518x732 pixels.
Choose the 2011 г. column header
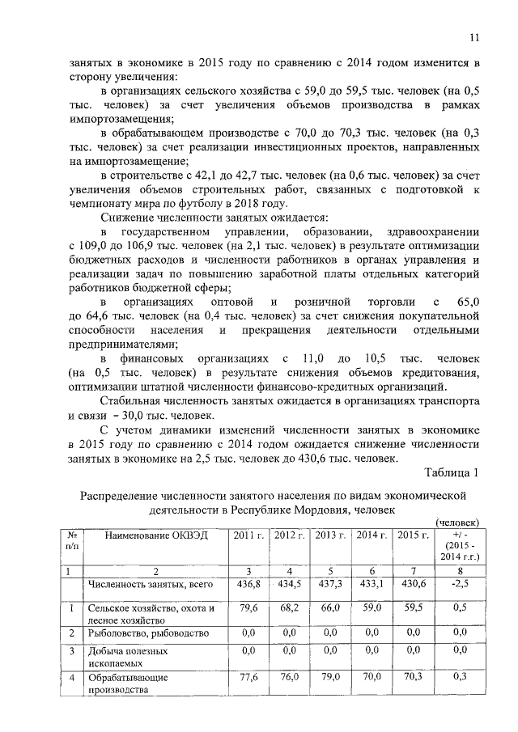248,535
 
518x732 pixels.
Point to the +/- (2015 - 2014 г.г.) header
456,546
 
